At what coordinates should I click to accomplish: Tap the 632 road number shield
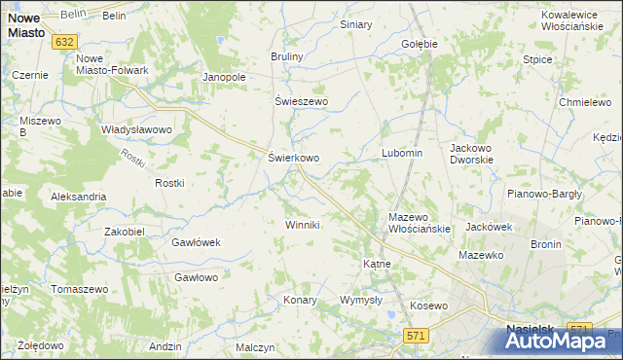[x=65, y=42]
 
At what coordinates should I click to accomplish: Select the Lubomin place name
[x=401, y=154]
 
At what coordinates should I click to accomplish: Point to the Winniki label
[x=302, y=225]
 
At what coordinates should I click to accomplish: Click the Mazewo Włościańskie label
[x=419, y=223]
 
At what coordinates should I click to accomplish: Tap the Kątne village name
[x=377, y=264]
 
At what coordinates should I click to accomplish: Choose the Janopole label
[x=222, y=77]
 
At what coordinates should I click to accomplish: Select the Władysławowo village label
[x=136, y=128]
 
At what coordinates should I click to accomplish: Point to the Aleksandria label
[x=78, y=197]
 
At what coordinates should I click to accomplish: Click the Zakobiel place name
[x=125, y=232]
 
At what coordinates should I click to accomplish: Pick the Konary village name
[x=300, y=300]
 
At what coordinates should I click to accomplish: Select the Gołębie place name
[x=420, y=44]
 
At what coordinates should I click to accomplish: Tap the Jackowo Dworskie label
[x=472, y=154]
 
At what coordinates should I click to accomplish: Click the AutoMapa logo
[x=562, y=341]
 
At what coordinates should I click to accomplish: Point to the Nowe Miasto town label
[x=23, y=25]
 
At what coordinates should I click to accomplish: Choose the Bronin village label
[x=545, y=244]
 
